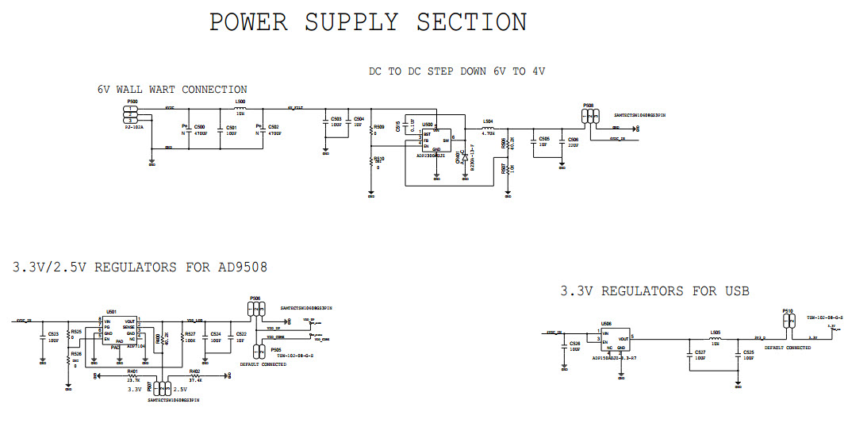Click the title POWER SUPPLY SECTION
(x=367, y=22)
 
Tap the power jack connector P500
(x=132, y=114)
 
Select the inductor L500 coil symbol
(x=240, y=108)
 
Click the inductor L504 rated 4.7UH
(x=488, y=128)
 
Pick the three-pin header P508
(x=588, y=116)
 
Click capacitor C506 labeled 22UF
(x=562, y=144)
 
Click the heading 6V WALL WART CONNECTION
(x=172, y=90)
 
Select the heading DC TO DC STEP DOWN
(x=456, y=71)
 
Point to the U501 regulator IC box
(x=120, y=329)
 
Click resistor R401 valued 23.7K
(x=132, y=375)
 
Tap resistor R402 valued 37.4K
(x=194, y=375)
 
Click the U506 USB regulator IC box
(x=612, y=340)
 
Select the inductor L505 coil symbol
(x=715, y=338)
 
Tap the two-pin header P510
(x=788, y=321)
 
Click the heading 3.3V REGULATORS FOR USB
(x=654, y=291)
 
